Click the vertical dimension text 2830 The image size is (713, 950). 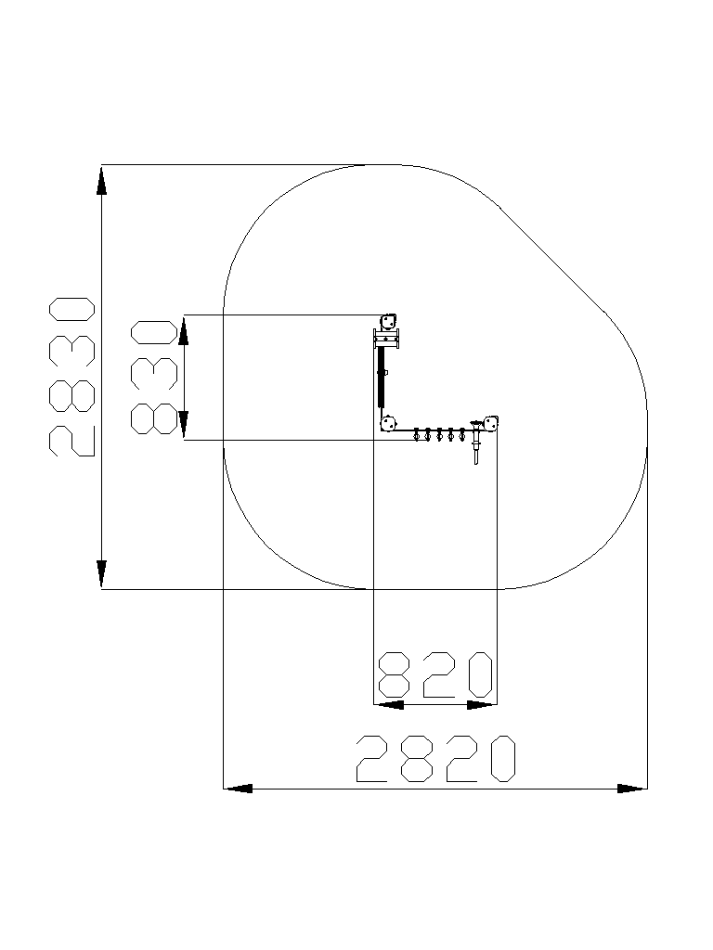(x=71, y=377)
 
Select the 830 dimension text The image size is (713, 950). (x=155, y=377)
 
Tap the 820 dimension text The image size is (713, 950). (x=435, y=674)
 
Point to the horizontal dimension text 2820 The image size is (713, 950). (x=435, y=759)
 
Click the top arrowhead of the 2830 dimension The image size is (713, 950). (x=101, y=181)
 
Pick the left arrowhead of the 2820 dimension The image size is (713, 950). (x=239, y=789)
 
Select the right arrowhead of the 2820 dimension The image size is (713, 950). (x=632, y=789)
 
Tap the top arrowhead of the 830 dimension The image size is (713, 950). (x=185, y=331)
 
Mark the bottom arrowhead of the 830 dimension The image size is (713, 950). (x=185, y=425)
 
